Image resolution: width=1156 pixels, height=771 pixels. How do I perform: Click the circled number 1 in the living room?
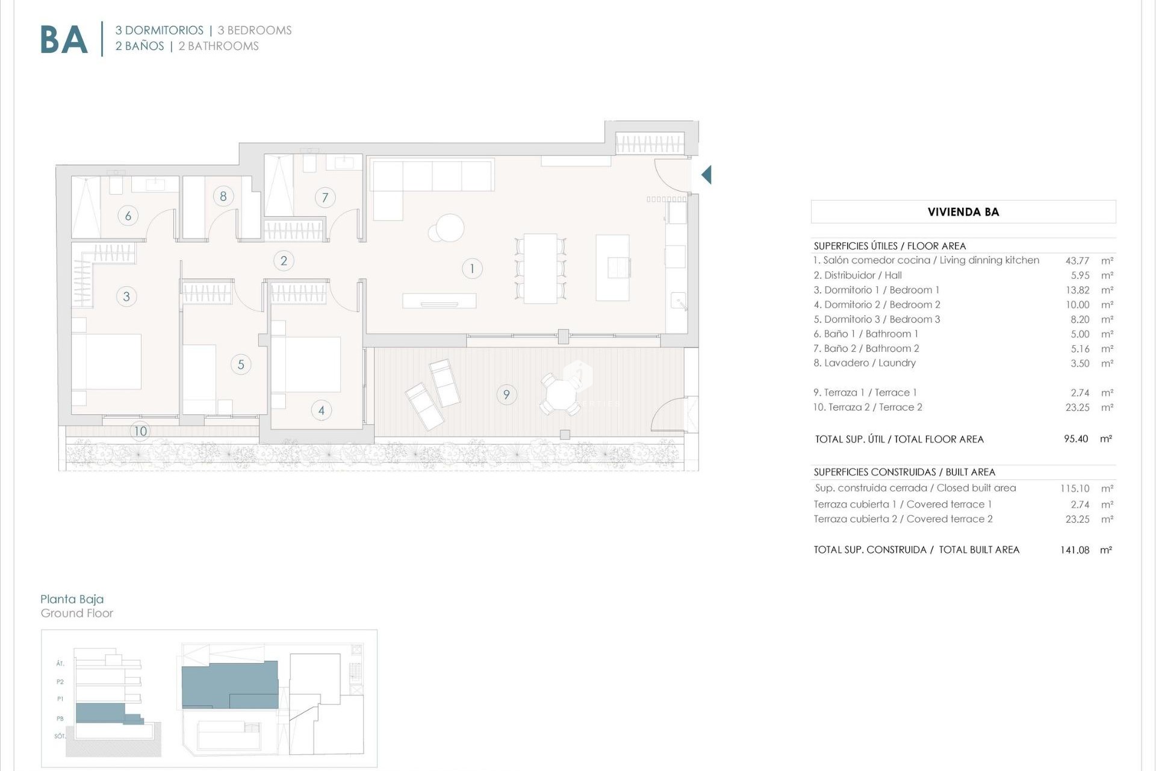tap(472, 269)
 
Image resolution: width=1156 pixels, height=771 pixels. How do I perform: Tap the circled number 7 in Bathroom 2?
tap(325, 198)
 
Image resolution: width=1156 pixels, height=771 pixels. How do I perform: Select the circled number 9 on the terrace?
tap(506, 395)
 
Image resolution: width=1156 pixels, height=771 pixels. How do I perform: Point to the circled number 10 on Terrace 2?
tap(140, 431)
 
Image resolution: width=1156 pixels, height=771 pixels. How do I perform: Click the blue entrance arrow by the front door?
tap(706, 175)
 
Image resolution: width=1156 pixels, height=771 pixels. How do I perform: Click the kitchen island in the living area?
tap(612, 267)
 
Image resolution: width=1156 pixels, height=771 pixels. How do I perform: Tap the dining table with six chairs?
tap(540, 268)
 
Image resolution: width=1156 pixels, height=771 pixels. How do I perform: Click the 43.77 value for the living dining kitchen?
tap(1077, 261)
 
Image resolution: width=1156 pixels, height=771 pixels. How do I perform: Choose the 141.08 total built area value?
tap(1075, 550)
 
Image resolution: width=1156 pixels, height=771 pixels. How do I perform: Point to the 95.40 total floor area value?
tap(1076, 439)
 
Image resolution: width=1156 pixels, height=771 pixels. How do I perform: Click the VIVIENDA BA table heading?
tap(963, 212)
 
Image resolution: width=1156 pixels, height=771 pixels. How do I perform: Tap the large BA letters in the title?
tap(64, 40)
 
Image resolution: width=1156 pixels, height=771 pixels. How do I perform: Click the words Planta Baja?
tap(72, 599)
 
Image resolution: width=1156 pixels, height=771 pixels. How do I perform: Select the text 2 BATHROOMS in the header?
tap(219, 46)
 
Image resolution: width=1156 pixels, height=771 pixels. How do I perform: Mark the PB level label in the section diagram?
tap(60, 719)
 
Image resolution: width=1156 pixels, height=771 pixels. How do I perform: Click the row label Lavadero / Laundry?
tap(865, 363)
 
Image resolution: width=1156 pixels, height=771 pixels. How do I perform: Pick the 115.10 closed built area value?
tap(1075, 489)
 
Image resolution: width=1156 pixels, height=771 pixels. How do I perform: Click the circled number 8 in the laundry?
tap(223, 196)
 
